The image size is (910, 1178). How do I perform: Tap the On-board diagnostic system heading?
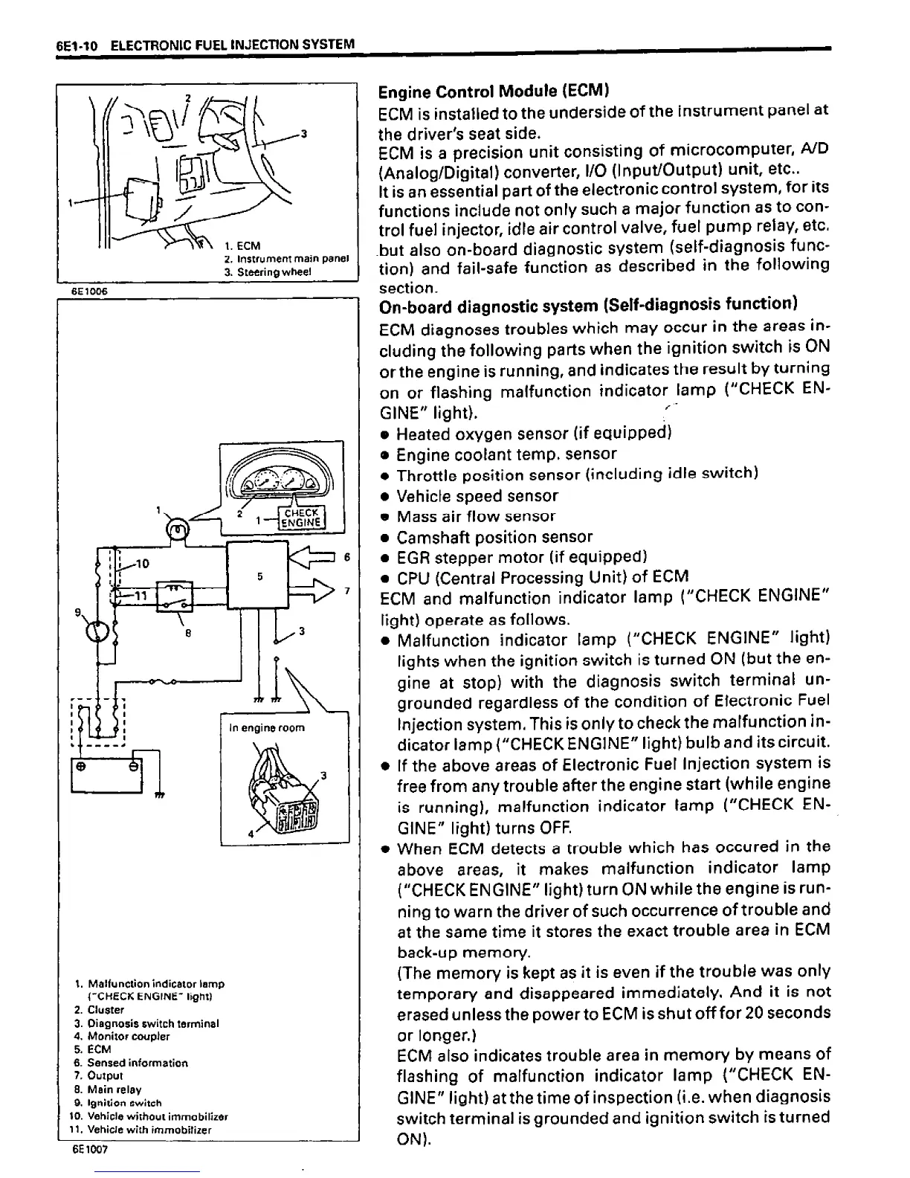[x=588, y=305]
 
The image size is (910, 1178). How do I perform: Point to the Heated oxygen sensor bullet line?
[x=533, y=433]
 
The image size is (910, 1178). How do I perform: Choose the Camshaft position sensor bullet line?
[x=494, y=537]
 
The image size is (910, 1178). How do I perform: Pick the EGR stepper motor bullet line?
[x=520, y=557]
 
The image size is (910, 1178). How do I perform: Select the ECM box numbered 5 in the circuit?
[x=257, y=575]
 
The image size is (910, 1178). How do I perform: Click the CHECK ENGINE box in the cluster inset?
[x=301, y=517]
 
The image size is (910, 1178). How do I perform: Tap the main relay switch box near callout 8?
[x=175, y=596]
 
